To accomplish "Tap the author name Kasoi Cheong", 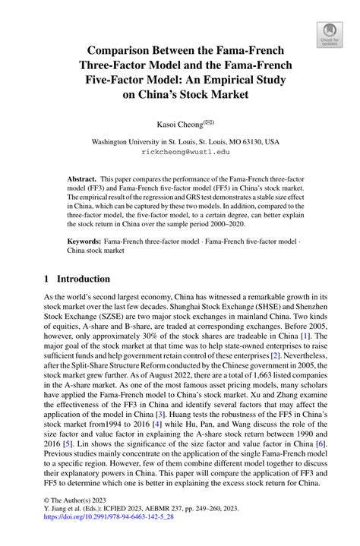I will (x=175, y=123).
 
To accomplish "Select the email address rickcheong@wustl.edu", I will (x=180, y=151).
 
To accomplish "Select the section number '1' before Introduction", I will (x=47, y=279).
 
